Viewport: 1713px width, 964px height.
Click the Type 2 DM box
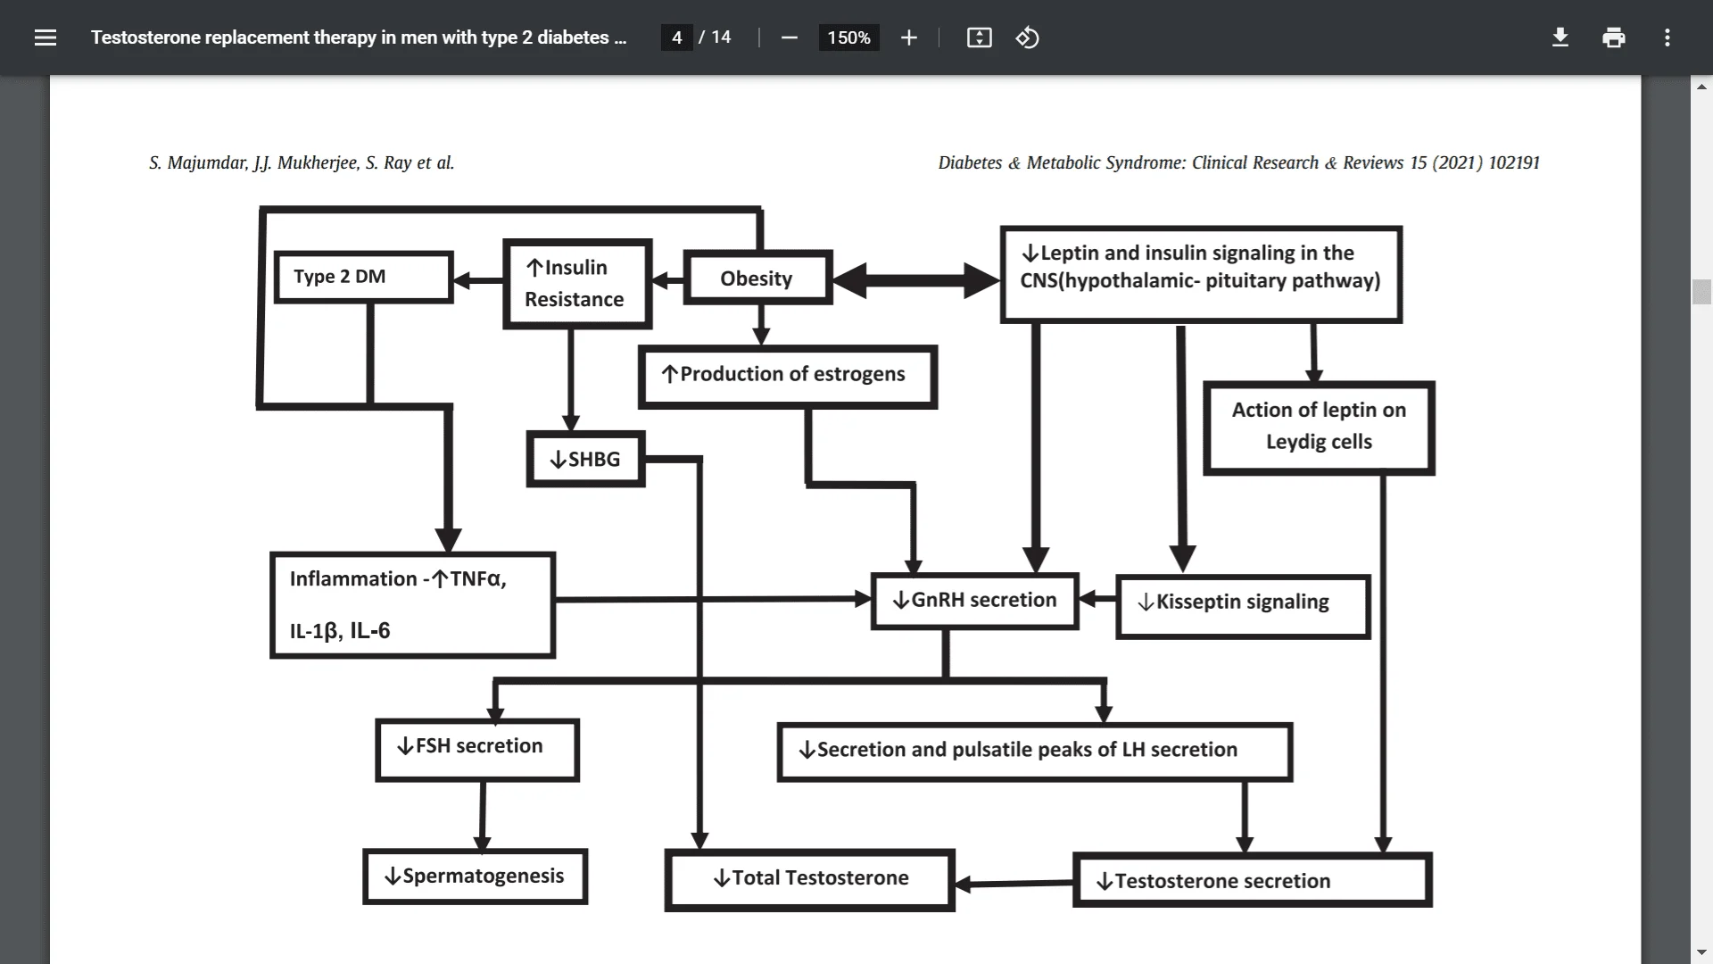pyautogui.click(x=363, y=278)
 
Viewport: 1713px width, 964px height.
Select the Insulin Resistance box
pyautogui.click(x=577, y=284)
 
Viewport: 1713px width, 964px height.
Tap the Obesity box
pyautogui.click(x=757, y=279)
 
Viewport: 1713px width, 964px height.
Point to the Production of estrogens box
pyautogui.click(x=788, y=376)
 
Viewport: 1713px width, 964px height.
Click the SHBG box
pyautogui.click(x=585, y=460)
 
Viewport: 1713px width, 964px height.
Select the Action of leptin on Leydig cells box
pyautogui.click(x=1319, y=428)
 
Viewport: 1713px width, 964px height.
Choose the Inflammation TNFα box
pyautogui.click(x=412, y=605)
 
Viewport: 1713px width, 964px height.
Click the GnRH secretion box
pyautogui.click(x=974, y=601)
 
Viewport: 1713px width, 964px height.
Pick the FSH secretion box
pyautogui.click(x=477, y=748)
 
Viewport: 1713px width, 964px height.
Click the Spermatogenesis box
pyautogui.click(x=475, y=877)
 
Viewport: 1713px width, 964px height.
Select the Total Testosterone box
pyautogui.click(x=810, y=879)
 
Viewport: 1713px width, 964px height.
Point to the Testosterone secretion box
pyautogui.click(x=1252, y=881)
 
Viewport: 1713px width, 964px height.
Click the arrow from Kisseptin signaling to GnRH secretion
pyautogui.click(x=1097, y=599)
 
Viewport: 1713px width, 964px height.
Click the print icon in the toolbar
pyautogui.click(x=1613, y=37)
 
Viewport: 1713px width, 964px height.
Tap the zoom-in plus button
pyautogui.click(x=908, y=37)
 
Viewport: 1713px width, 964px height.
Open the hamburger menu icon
pyautogui.click(x=46, y=37)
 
